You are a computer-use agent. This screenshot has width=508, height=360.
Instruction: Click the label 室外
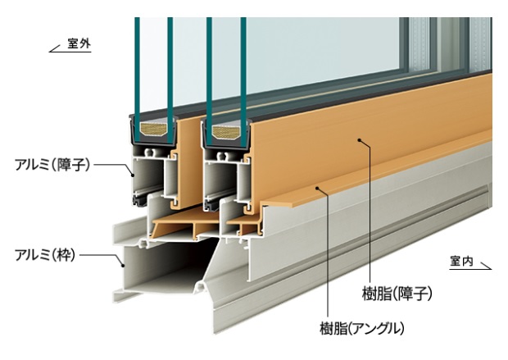click(79, 43)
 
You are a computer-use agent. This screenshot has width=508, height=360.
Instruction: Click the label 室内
click(462, 261)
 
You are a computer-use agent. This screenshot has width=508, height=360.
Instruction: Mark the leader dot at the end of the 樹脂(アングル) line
click(326, 189)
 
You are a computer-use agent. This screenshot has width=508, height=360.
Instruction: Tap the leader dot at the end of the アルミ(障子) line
click(133, 173)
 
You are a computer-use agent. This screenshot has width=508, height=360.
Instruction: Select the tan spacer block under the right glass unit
click(226, 130)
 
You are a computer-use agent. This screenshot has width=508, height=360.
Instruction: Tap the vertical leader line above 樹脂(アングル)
click(326, 254)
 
